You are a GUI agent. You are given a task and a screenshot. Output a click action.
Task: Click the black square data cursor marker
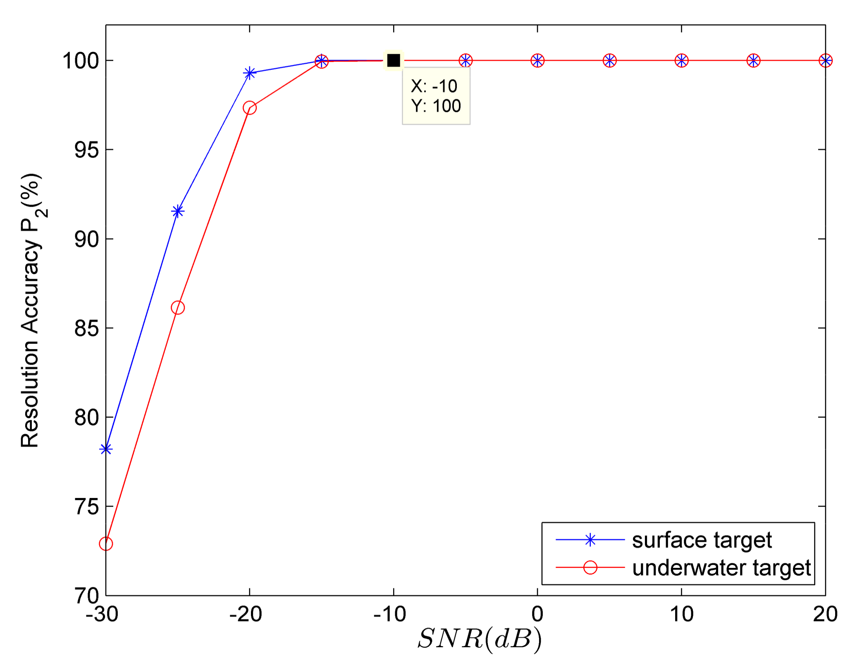(393, 60)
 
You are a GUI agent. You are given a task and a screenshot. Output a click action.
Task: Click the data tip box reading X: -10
(436, 96)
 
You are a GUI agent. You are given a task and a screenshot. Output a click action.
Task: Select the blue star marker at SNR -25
(178, 212)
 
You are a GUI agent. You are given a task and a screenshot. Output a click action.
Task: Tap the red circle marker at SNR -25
(178, 308)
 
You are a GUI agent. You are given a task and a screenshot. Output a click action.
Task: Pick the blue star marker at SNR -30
(106, 449)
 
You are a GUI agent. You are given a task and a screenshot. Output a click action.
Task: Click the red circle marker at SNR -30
(106, 544)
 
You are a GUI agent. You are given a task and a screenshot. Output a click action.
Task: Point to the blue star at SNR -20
(249, 73)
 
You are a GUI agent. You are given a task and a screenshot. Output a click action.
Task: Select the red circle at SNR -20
(249, 108)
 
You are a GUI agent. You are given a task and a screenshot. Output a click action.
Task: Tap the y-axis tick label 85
(86, 328)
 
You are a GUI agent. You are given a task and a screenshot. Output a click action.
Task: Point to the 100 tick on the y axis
(81, 61)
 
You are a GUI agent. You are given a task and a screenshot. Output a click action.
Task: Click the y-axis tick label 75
(86, 507)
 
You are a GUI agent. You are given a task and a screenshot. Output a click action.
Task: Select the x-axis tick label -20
(246, 614)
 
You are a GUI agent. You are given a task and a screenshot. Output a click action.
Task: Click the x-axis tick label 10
(681, 614)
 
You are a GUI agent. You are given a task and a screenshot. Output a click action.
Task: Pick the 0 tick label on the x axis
(537, 614)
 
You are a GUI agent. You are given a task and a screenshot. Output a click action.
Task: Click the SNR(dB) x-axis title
(479, 639)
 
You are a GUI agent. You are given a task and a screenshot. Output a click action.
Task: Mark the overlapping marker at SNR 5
(609, 61)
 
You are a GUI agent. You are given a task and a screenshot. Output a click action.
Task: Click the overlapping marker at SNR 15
(753, 61)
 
